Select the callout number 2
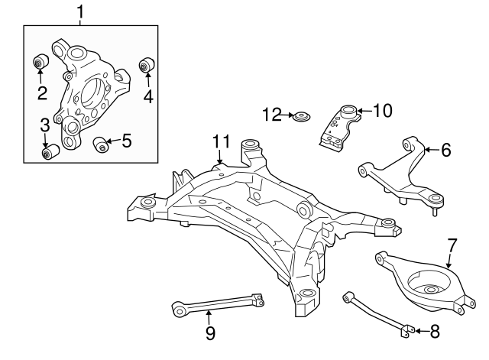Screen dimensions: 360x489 click(x=42, y=94)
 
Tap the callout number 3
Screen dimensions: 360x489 click(x=45, y=125)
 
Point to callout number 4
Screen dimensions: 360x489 click(x=148, y=96)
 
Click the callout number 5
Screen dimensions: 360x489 click(x=126, y=140)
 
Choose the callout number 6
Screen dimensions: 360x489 click(x=445, y=150)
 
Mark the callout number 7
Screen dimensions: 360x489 click(x=452, y=245)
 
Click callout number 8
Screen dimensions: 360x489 click(x=435, y=331)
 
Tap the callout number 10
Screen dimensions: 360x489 click(x=381, y=111)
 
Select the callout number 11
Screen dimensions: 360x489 click(x=221, y=141)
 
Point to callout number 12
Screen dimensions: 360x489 click(x=272, y=115)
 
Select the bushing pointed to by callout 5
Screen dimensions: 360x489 click(x=99, y=144)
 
